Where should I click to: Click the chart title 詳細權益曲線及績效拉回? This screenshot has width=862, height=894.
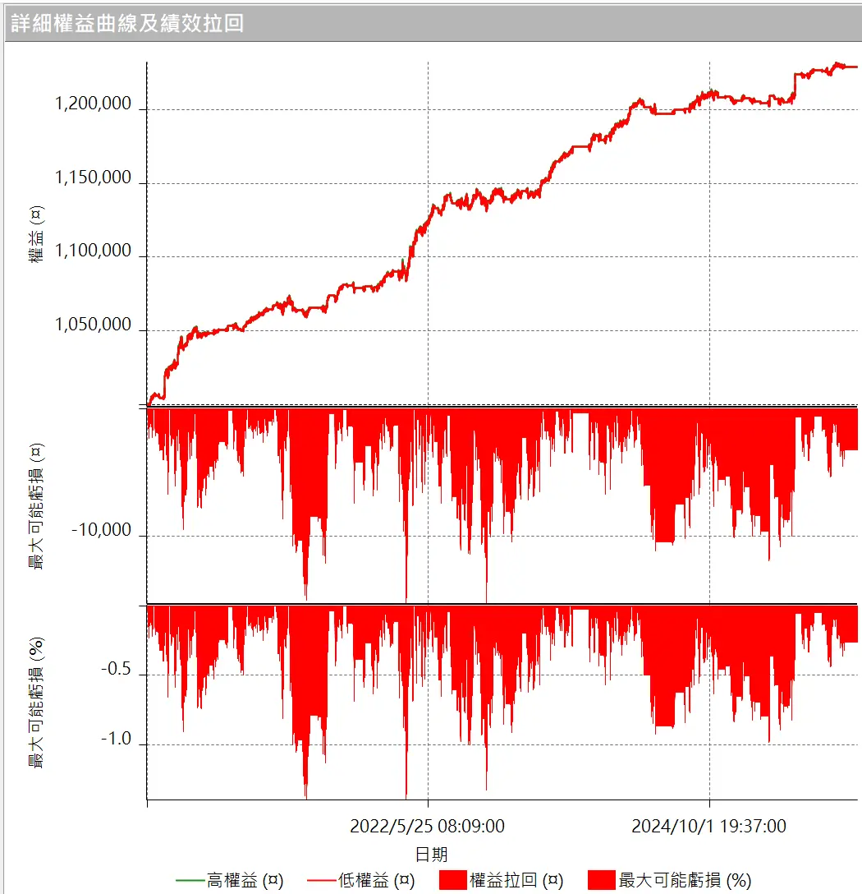(x=128, y=23)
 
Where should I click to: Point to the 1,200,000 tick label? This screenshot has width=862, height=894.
(x=93, y=104)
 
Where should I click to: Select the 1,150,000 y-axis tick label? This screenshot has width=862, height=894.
(x=93, y=178)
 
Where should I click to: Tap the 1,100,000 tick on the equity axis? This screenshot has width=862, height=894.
(x=93, y=251)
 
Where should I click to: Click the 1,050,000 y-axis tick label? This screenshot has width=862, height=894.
(x=93, y=325)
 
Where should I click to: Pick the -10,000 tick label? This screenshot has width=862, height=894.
(x=101, y=531)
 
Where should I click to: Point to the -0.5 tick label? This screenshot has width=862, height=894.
(x=116, y=670)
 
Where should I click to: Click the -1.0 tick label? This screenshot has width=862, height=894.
(x=116, y=740)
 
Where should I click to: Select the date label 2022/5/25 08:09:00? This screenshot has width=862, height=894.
(x=427, y=827)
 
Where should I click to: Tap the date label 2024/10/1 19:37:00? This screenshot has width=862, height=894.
(x=708, y=827)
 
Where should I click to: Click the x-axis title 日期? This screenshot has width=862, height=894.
(x=432, y=855)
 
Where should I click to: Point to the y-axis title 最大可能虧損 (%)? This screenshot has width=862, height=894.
(x=36, y=703)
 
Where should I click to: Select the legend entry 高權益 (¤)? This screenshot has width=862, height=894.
(x=245, y=881)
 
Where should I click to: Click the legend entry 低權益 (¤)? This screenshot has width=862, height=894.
(x=376, y=881)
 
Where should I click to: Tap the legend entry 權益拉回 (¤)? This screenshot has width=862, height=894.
(x=516, y=881)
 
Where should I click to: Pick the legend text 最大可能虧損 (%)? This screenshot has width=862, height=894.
(x=685, y=881)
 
